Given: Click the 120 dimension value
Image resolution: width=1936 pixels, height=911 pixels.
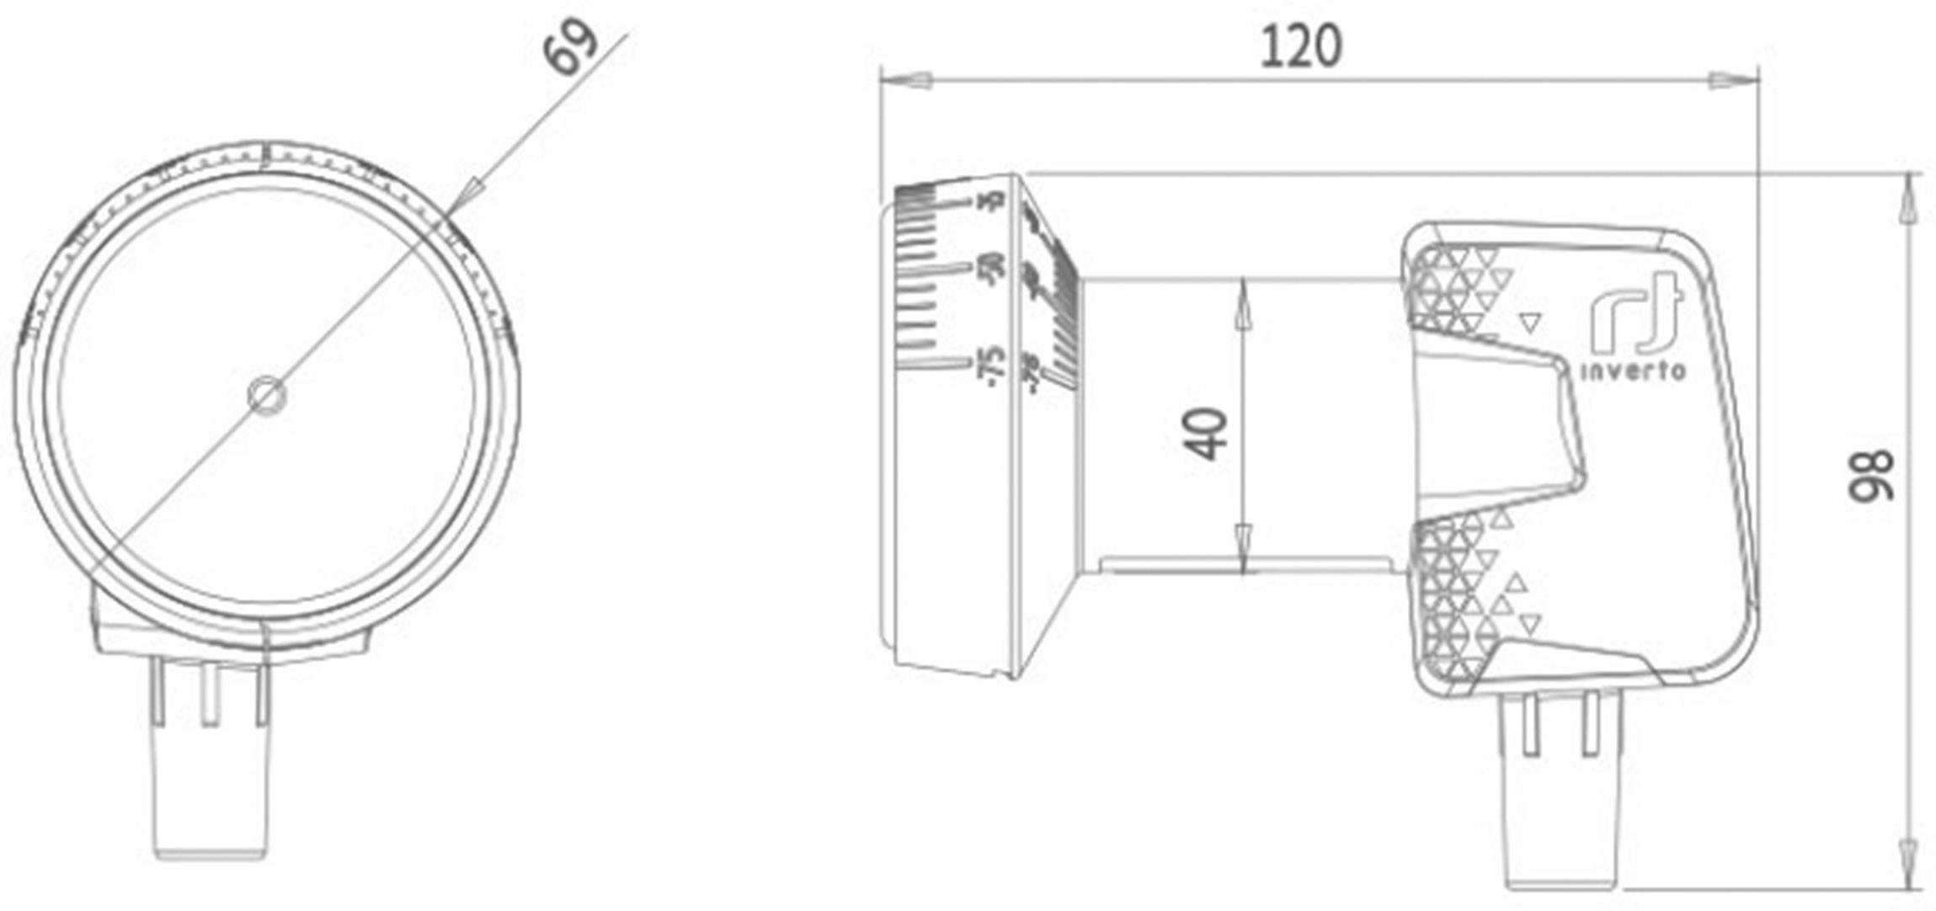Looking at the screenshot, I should tap(1300, 48).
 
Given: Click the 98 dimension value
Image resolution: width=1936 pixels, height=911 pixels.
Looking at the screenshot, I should tap(1870, 476).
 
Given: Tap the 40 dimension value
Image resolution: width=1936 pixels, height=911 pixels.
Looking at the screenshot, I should tap(1205, 434).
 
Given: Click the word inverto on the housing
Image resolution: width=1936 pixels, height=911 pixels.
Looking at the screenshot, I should tap(1633, 371).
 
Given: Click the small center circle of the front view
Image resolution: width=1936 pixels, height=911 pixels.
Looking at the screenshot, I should tap(268, 395).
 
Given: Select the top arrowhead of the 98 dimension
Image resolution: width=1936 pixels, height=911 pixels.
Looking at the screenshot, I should tap(1908, 202).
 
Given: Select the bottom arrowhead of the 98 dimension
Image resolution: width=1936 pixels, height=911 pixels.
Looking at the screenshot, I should tap(1908, 863).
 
